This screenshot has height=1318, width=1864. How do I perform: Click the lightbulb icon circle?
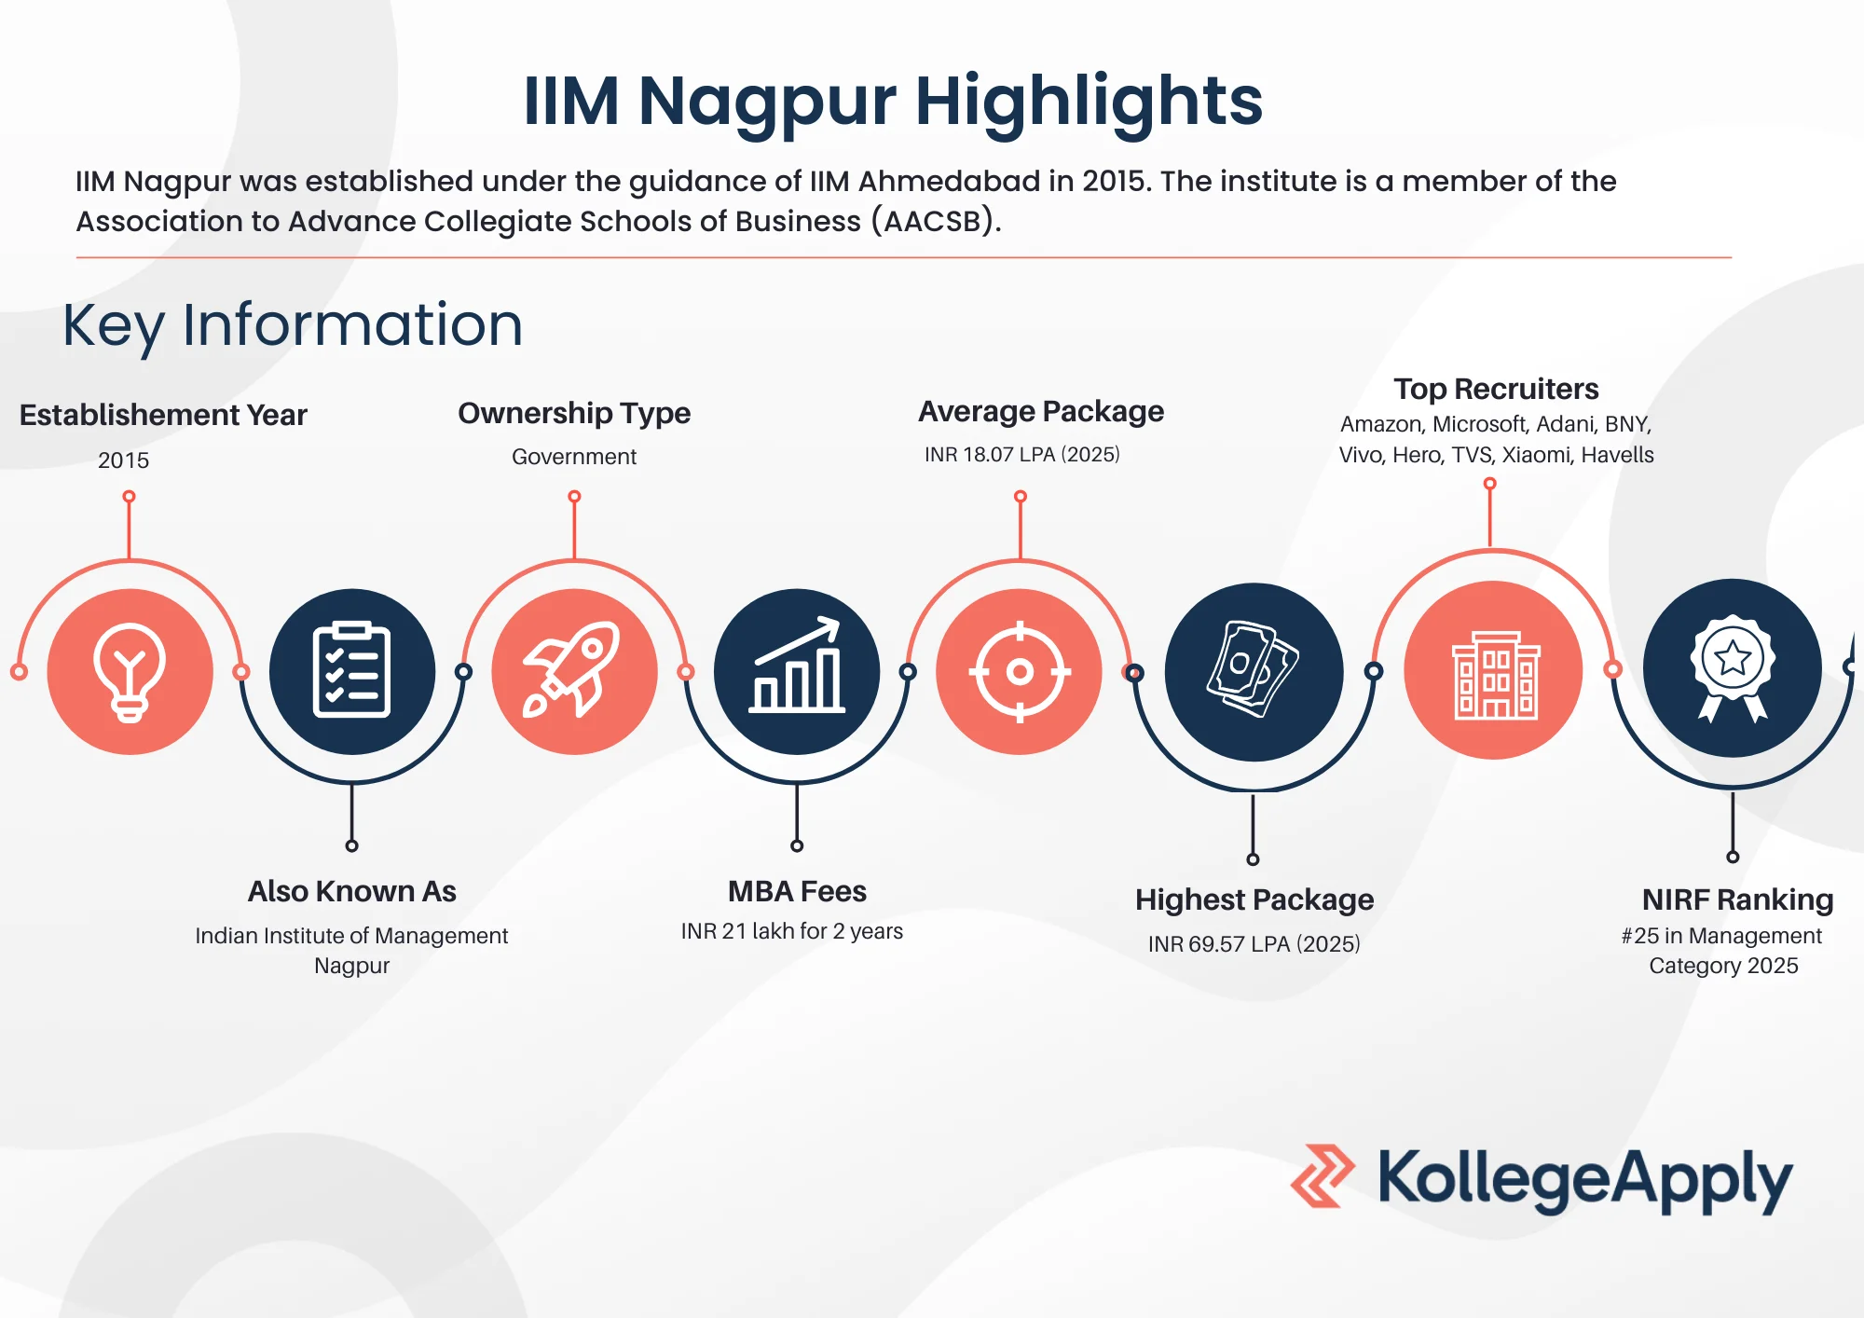130,671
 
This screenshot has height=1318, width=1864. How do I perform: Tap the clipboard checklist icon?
351,671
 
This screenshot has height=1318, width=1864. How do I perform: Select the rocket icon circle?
574,671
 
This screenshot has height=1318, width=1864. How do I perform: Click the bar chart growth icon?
797,671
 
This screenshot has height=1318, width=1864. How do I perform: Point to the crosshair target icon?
1020,671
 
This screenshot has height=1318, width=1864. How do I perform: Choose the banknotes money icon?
1254,671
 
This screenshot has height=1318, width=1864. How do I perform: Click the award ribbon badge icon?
1732,668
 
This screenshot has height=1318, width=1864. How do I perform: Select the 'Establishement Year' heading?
163,415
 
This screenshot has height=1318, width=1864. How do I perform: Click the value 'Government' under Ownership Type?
574,457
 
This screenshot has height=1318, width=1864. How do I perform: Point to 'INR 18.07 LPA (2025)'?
1021,455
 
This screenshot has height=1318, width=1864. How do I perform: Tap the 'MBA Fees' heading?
797,891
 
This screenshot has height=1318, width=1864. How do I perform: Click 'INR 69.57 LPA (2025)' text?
1254,944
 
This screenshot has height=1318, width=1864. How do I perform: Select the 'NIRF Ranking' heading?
1737,899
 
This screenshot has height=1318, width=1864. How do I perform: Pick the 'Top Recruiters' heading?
1496,389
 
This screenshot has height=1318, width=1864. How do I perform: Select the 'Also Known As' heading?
351,891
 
